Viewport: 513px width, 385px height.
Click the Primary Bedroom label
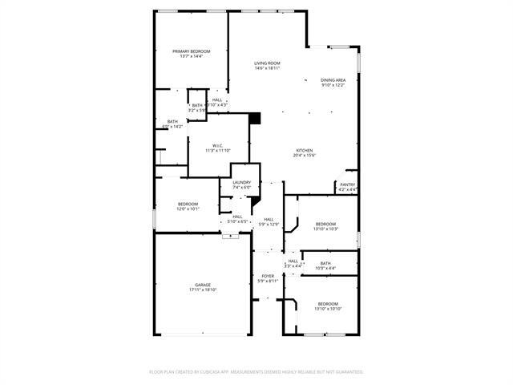[191, 51]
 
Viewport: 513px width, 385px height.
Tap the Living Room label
[268, 63]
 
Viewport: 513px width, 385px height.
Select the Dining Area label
[333, 80]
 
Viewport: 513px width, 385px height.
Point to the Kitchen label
[304, 150]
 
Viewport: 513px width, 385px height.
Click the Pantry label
[348, 184]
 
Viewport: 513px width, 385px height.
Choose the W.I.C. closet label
[217, 145]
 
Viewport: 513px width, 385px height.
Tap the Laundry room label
[242, 183]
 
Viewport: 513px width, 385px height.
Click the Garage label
[203, 285]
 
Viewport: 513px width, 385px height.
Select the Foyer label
[268, 276]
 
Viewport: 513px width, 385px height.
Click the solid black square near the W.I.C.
[256, 118]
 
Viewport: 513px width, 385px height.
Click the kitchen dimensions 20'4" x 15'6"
[304, 155]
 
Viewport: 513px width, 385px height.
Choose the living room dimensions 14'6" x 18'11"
[268, 68]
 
